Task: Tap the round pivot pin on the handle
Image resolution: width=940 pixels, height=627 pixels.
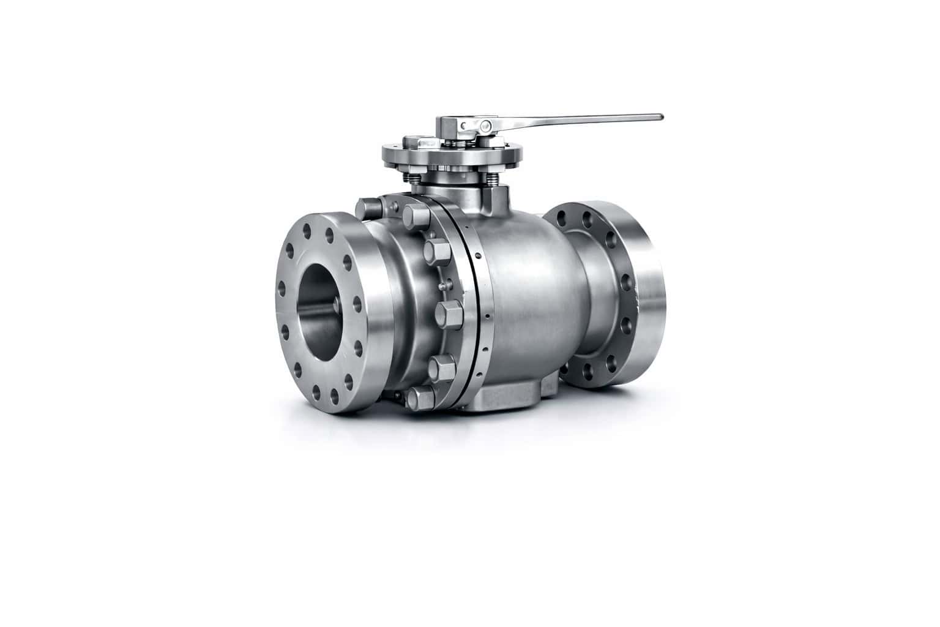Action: (x=485, y=126)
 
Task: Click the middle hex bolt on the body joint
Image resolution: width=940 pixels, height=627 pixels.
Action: (x=449, y=312)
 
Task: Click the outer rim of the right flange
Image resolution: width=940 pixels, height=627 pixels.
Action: (x=649, y=294)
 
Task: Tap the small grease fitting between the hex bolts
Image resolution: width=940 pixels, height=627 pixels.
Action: (x=442, y=285)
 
